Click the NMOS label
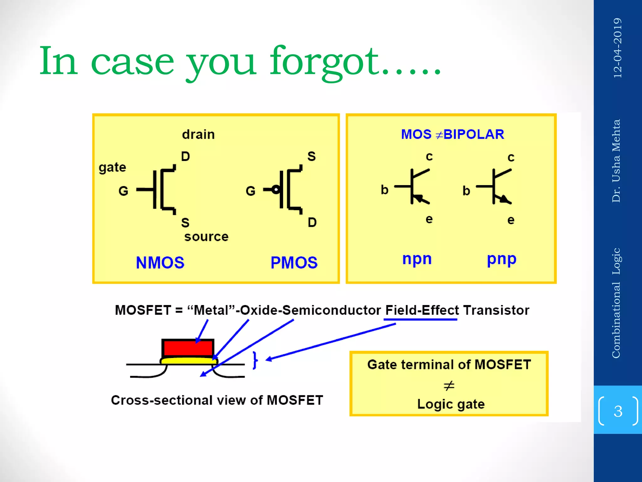tap(160, 263)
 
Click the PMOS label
tap(294, 263)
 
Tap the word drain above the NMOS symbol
tap(198, 135)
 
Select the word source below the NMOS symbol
tap(206, 237)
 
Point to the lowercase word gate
tap(112, 167)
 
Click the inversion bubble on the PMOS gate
tap(276, 190)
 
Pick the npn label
tap(417, 259)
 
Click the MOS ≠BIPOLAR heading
tap(452, 134)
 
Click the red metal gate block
tap(188, 348)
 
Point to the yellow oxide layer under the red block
tap(188, 361)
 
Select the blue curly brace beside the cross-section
tap(255, 360)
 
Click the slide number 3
tap(618, 411)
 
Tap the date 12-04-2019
tap(617, 48)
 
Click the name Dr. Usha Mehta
tap(616, 161)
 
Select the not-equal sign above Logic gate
tap(449, 385)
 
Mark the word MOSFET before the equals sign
tap(143, 310)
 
